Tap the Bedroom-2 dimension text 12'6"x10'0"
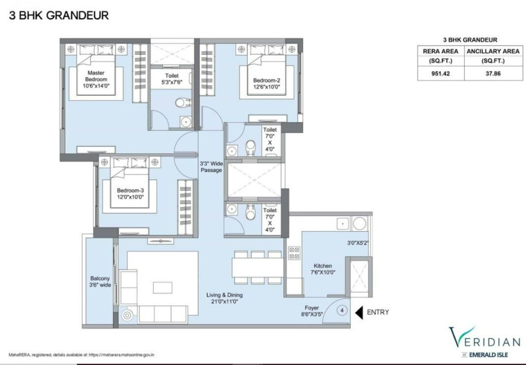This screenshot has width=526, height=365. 267,87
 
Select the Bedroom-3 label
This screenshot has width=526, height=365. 130,190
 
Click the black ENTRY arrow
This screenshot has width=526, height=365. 359,313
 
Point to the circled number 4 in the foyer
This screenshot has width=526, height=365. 342,310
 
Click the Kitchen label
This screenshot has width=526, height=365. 323,265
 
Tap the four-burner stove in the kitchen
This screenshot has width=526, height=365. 294,253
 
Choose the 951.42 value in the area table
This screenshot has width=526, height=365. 440,73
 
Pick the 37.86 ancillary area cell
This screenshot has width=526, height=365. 493,73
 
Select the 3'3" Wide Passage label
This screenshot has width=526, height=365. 211,167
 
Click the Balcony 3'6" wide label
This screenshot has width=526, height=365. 100,281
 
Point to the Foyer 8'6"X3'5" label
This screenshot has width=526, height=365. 312,311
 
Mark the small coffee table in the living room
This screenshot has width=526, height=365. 163,288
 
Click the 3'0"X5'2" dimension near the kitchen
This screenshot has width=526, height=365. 358,243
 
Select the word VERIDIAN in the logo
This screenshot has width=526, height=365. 485,337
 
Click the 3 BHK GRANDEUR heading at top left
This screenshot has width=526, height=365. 59,16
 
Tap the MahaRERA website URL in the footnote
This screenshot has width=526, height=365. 121,355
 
